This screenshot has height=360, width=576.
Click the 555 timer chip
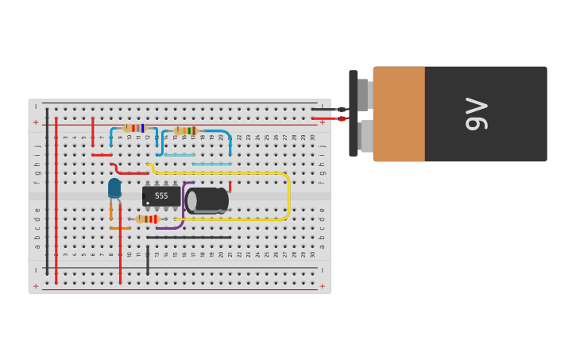[x=161, y=195]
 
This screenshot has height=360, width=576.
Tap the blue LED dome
[x=114, y=188]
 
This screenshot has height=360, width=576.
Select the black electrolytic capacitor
[x=207, y=200]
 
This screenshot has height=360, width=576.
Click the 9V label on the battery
[x=476, y=114]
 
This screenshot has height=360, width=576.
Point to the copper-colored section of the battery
[x=399, y=114]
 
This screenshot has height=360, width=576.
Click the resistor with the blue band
[x=135, y=128]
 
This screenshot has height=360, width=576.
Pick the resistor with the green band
[x=186, y=130]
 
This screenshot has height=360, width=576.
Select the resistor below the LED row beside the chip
[x=147, y=219]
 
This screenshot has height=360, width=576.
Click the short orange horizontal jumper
[x=120, y=228]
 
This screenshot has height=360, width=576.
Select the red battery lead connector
[x=342, y=118]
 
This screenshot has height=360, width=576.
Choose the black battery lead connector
[x=341, y=109]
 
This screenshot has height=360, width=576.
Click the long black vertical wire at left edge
[x=47, y=191]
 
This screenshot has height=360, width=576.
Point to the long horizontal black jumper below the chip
[x=189, y=237]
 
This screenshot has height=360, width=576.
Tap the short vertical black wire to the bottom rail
[x=147, y=260]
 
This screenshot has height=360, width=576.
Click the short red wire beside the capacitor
[x=230, y=186]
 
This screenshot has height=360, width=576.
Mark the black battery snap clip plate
[x=353, y=114]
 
